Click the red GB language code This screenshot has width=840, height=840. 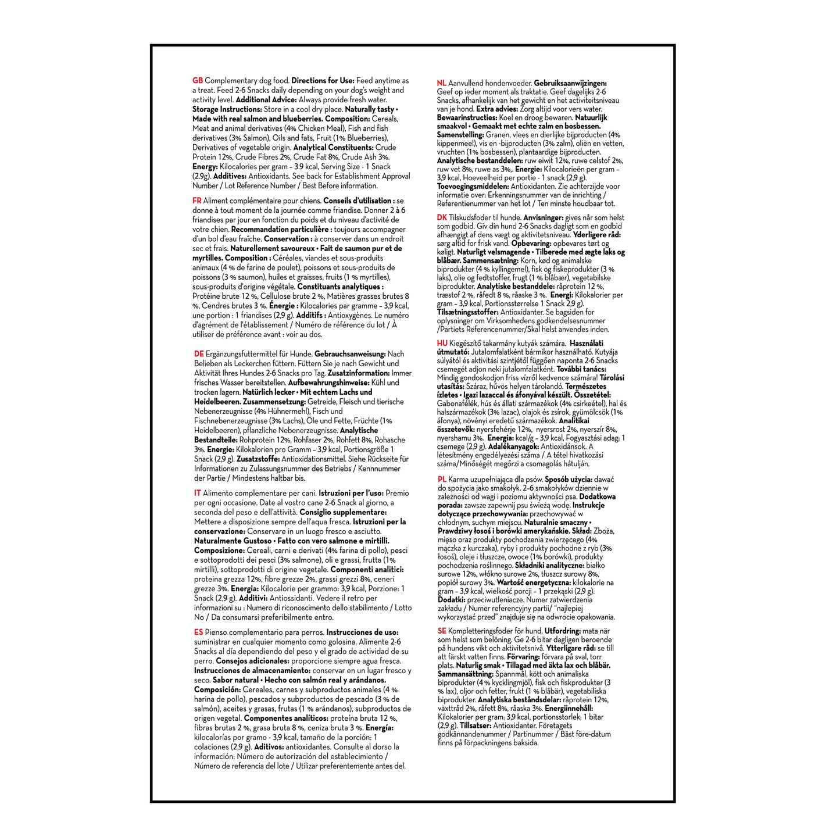pyautogui.click(x=198, y=81)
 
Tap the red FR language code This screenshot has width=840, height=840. pyautogui.click(x=197, y=201)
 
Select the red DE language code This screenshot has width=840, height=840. pyautogui.click(x=198, y=354)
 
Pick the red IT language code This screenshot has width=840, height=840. pyautogui.click(x=197, y=493)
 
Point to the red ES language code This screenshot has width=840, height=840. pyautogui.click(x=198, y=632)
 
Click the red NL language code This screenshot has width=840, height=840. pyautogui.click(x=442, y=84)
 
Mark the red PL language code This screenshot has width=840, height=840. pyautogui.click(x=442, y=479)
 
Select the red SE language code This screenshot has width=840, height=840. pyautogui.click(x=442, y=631)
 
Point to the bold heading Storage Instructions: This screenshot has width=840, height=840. pyautogui.click(x=226, y=109)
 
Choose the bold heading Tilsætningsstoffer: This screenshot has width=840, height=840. pyautogui.click(x=467, y=312)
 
